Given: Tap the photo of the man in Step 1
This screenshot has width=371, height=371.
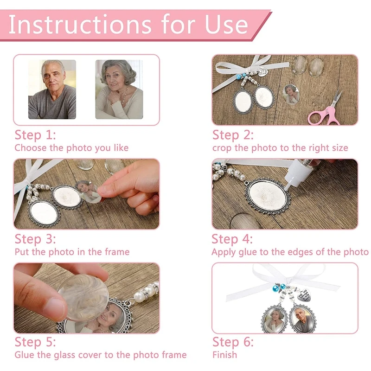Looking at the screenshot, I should coord(52,90).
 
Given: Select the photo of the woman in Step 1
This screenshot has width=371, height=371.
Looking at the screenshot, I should coord(119,90).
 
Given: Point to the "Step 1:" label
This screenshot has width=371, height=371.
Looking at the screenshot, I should coord(35,135).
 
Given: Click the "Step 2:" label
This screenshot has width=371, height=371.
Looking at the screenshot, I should coord(233,135).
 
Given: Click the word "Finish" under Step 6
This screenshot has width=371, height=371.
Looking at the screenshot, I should coord(225,355).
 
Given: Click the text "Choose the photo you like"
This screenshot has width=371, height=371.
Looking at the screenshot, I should coord(71,148).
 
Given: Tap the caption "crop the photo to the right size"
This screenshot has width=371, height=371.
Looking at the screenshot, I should coord(280,148).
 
